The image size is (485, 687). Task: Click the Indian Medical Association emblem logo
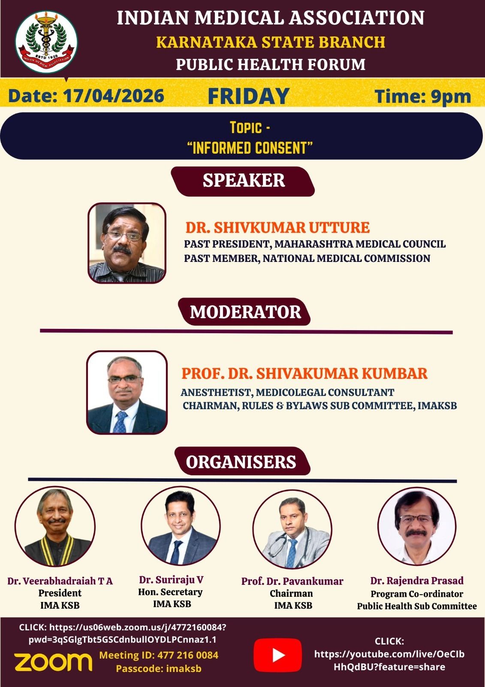point(46,42)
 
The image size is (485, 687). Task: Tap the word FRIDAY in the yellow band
point(248,96)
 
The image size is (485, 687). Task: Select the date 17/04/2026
point(114,96)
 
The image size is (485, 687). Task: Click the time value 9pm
point(451,97)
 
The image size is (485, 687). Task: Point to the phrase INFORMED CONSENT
point(250,148)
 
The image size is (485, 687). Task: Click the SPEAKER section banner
point(243,181)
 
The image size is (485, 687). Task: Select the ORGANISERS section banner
point(242,461)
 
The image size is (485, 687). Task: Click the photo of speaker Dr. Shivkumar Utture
point(127,243)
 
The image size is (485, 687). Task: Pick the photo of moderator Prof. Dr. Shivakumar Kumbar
point(127,392)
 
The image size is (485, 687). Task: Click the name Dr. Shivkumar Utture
point(277,228)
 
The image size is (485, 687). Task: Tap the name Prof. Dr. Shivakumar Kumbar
point(304,374)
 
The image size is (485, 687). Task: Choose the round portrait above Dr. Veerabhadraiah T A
point(55,527)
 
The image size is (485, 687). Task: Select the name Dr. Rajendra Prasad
point(417,581)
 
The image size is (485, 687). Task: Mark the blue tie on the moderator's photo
point(120,422)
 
